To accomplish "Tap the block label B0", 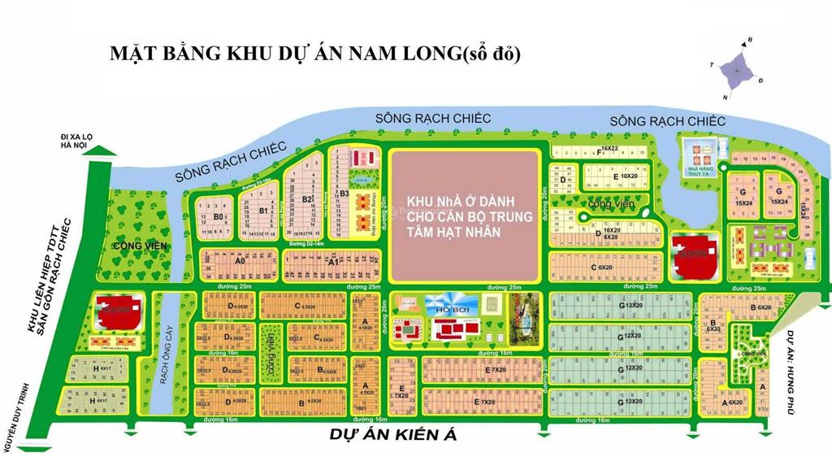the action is (x=218, y=217).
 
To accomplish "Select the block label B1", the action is (x=263, y=211).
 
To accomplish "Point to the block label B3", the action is (x=344, y=194).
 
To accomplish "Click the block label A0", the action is (x=240, y=263).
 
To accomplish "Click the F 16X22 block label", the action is (x=604, y=150).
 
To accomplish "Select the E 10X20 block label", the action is (x=626, y=176).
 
